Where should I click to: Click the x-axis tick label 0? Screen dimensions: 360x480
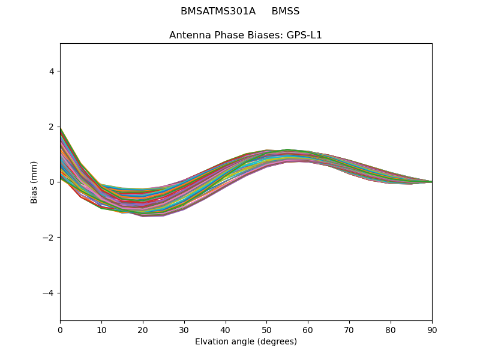(60, 329)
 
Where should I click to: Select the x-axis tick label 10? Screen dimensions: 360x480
(101, 329)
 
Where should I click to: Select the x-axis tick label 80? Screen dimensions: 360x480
(391, 329)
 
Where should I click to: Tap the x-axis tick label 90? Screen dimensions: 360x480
(432, 329)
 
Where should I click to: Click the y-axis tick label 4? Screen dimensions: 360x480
(52, 71)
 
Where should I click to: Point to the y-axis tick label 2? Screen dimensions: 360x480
(52, 127)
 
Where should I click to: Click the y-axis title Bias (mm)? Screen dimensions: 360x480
(35, 182)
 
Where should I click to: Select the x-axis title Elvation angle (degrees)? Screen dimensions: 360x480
(246, 342)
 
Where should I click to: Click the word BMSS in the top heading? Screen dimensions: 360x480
(286, 11)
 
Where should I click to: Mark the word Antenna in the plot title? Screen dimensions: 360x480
(189, 35)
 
